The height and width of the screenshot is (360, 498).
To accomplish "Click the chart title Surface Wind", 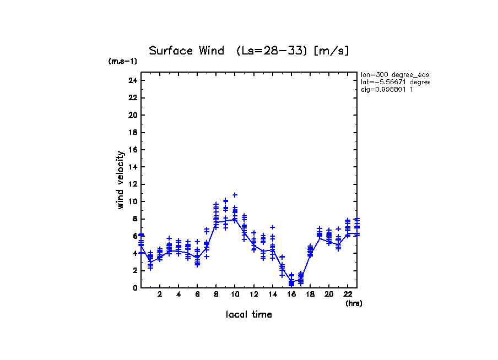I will click(186, 51).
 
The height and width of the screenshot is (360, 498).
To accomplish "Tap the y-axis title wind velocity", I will click(120, 180).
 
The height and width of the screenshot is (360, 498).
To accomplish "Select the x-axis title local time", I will click(248, 315).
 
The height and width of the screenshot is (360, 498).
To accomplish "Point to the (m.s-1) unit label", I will click(122, 62).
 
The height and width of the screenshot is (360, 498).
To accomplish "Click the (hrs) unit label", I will click(354, 303).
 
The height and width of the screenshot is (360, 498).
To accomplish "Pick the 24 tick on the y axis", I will click(132, 80).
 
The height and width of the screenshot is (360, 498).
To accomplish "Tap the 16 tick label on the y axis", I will click(132, 150).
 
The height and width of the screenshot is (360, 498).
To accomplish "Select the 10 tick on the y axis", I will click(132, 201).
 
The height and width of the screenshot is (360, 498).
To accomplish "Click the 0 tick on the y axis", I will click(134, 288).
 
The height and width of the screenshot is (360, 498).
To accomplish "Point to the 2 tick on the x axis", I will click(160, 295).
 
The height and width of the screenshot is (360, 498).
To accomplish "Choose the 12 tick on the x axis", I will click(253, 295).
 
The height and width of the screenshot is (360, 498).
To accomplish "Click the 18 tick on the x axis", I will click(310, 295).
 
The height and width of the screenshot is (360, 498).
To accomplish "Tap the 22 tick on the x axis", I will click(347, 295).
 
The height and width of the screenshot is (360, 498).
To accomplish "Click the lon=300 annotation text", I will click(394, 74).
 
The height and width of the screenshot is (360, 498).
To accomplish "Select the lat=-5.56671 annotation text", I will click(394, 82).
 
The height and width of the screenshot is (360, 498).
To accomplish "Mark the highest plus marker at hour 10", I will click(235, 195).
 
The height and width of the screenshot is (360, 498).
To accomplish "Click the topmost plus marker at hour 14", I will click(272, 227).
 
